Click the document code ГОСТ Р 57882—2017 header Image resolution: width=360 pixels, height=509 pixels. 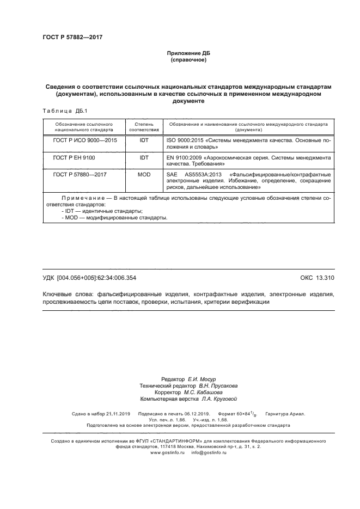click(72, 38)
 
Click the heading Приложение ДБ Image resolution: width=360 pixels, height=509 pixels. click(188, 53)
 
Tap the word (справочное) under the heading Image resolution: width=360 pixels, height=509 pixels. click(188, 59)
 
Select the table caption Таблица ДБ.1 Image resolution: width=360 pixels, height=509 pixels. click(62, 111)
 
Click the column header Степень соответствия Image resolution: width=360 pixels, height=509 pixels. click(144, 127)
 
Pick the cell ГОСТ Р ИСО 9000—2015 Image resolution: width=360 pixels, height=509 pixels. click(84, 140)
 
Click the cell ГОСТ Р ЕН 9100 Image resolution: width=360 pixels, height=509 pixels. click(74, 157)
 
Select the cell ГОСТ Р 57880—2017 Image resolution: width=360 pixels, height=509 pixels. click(80, 175)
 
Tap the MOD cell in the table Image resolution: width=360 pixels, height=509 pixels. click(144, 175)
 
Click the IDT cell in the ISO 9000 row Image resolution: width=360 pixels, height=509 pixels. click(144, 140)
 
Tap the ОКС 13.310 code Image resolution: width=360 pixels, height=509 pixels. click(317, 278)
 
